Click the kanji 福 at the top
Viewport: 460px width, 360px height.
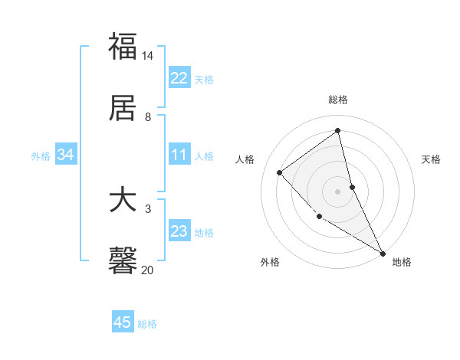123,45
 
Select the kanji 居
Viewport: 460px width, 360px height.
123,108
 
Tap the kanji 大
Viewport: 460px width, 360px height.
123,201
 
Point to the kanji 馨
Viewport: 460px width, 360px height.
123,261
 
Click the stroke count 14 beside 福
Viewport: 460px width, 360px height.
148,56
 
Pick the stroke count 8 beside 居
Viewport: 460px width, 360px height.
148,117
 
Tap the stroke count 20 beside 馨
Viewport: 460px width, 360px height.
148,270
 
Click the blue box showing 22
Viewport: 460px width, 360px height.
179,78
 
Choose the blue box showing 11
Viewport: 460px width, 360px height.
179,155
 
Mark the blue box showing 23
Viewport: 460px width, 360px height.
179,231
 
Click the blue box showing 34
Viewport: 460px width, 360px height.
66,155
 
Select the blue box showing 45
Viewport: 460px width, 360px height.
123,322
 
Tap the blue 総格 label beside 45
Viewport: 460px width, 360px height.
147,324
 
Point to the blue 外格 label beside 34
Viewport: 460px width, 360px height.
41,156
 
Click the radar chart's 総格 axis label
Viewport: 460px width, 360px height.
338,100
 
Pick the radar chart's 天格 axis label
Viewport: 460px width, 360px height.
432,159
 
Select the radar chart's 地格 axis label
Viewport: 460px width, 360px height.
402,263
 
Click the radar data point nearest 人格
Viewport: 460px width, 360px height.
280,172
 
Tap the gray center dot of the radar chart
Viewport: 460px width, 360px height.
338,191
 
